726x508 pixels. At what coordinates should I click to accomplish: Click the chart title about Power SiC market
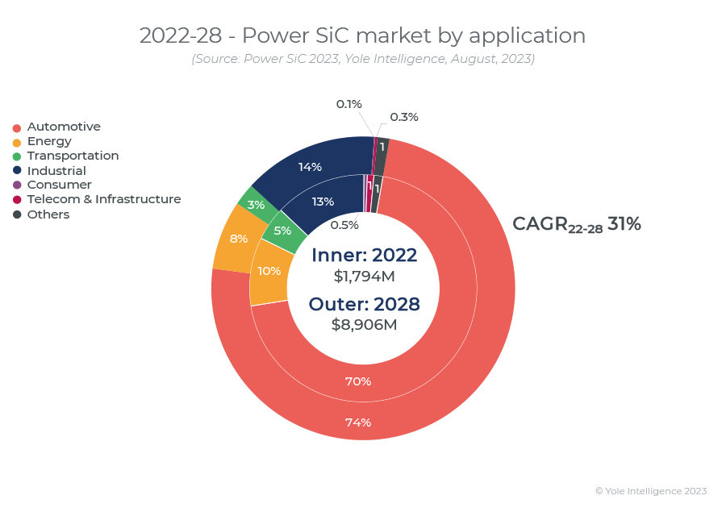[x=362, y=35]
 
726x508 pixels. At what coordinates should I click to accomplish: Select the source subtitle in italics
[x=362, y=59]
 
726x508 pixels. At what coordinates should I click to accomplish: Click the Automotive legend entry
[x=63, y=127]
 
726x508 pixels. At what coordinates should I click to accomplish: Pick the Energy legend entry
[x=48, y=141]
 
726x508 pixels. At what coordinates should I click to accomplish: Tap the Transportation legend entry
[x=72, y=156]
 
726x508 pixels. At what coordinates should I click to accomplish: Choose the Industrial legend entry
[x=56, y=171]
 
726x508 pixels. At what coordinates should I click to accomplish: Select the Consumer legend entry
[x=59, y=185]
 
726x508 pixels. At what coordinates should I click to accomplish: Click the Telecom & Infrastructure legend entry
[x=103, y=199]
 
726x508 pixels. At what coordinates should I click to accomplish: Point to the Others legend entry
[x=48, y=214]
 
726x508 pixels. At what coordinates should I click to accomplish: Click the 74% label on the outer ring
[x=358, y=423]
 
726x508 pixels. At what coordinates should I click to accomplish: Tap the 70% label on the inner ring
[x=358, y=381]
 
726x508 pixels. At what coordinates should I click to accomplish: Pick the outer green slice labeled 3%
[x=256, y=205]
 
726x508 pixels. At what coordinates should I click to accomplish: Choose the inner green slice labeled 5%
[x=282, y=231]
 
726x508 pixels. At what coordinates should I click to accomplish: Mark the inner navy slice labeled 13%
[x=323, y=202]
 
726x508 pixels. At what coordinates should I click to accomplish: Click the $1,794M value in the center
[x=365, y=276]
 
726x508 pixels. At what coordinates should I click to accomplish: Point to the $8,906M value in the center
[x=365, y=324]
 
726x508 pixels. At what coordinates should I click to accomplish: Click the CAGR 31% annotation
[x=576, y=225]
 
